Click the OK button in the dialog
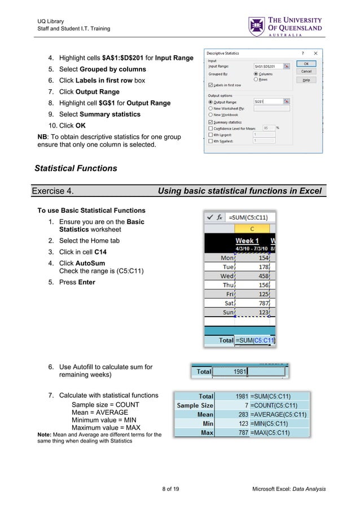point(306,64)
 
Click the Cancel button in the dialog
point(306,72)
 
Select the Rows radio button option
point(256,80)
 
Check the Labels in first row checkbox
point(210,85)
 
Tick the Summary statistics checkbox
point(210,122)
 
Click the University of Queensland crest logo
point(256,27)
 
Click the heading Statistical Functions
point(76,168)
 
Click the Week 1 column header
point(247,241)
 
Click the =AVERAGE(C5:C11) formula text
point(279,415)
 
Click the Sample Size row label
point(195,406)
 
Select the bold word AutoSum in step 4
point(91,263)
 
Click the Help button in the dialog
point(306,80)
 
